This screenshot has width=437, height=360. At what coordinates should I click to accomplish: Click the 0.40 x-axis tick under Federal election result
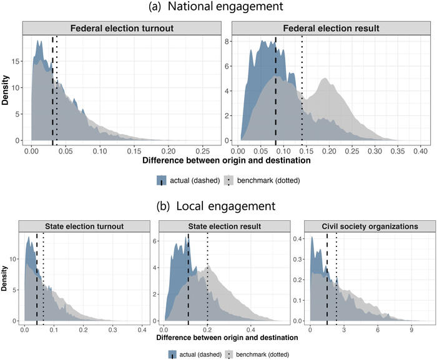click(x=420, y=151)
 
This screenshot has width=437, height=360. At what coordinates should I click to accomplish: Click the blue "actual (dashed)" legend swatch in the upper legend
click(x=163, y=180)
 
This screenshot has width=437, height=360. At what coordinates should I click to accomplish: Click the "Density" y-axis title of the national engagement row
click(x=6, y=90)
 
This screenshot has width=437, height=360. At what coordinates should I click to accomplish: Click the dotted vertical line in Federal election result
click(x=302, y=87)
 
